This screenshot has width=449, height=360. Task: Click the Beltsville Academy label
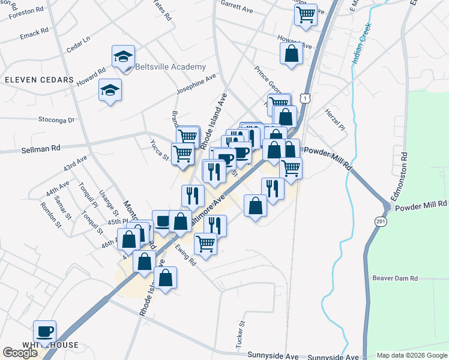pyautogui.click(x=170, y=67)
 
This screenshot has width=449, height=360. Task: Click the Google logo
pyautogui.click(x=20, y=353)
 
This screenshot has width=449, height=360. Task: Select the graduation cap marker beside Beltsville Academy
pyautogui.click(x=123, y=58)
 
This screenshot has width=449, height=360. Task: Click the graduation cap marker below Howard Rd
pyautogui.click(x=109, y=90)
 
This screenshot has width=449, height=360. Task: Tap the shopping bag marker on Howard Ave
pyautogui.click(x=291, y=53)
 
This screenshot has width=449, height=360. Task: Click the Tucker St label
pyautogui.click(x=243, y=331)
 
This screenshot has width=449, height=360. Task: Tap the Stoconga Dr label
pyautogui.click(x=56, y=120)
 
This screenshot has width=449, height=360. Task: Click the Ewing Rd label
pyautogui.click(x=185, y=254)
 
